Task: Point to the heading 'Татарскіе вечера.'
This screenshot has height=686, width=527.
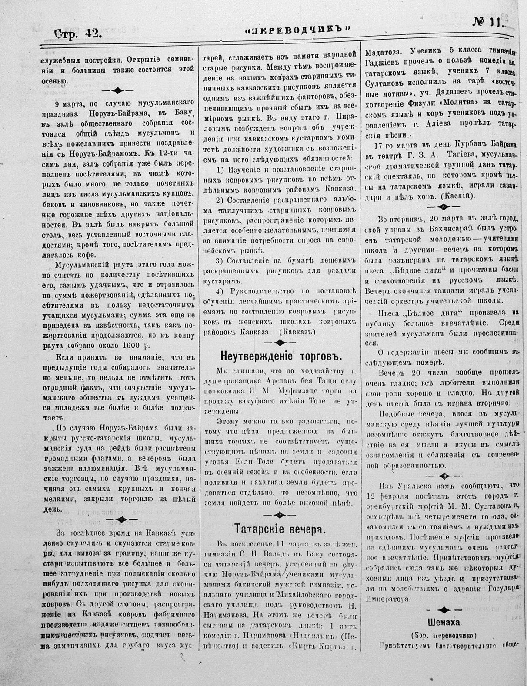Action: [x=280, y=529]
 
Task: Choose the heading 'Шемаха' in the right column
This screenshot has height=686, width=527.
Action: [x=444, y=620]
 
